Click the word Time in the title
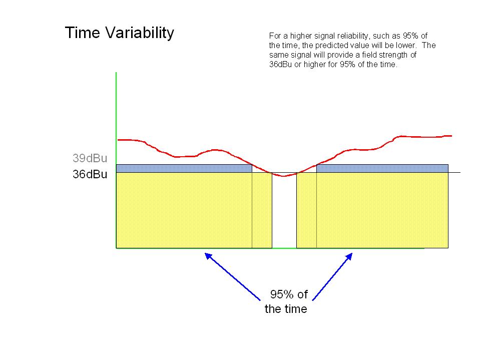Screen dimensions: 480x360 pyautogui.click(x=83, y=33)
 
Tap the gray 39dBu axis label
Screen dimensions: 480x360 pyautogui.click(x=90, y=158)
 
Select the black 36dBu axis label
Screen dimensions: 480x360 pyautogui.click(x=90, y=174)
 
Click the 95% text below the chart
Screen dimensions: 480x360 pyautogui.click(x=282, y=294)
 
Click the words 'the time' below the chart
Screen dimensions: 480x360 pyautogui.click(x=286, y=309)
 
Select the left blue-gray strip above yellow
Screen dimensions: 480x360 pyautogui.click(x=184, y=168)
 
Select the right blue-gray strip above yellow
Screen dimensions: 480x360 pyautogui.click(x=382, y=168)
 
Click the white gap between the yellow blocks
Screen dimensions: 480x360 pyautogui.click(x=284, y=211)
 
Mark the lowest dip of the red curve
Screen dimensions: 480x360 pyautogui.click(x=284, y=176)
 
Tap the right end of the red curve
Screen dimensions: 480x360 pyautogui.click(x=451, y=136)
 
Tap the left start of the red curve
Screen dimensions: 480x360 pyautogui.click(x=118, y=140)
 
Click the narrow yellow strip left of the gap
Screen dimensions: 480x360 pyautogui.click(x=262, y=210)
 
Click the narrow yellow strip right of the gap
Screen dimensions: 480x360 pyautogui.click(x=306, y=210)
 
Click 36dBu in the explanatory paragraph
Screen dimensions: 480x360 pyautogui.click(x=280, y=65)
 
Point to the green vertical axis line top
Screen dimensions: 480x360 pyautogui.click(x=116, y=73)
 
